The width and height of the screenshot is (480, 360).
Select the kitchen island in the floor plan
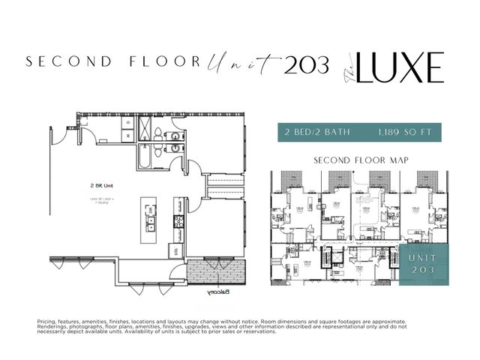pyautogui.click(x=151, y=223)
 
